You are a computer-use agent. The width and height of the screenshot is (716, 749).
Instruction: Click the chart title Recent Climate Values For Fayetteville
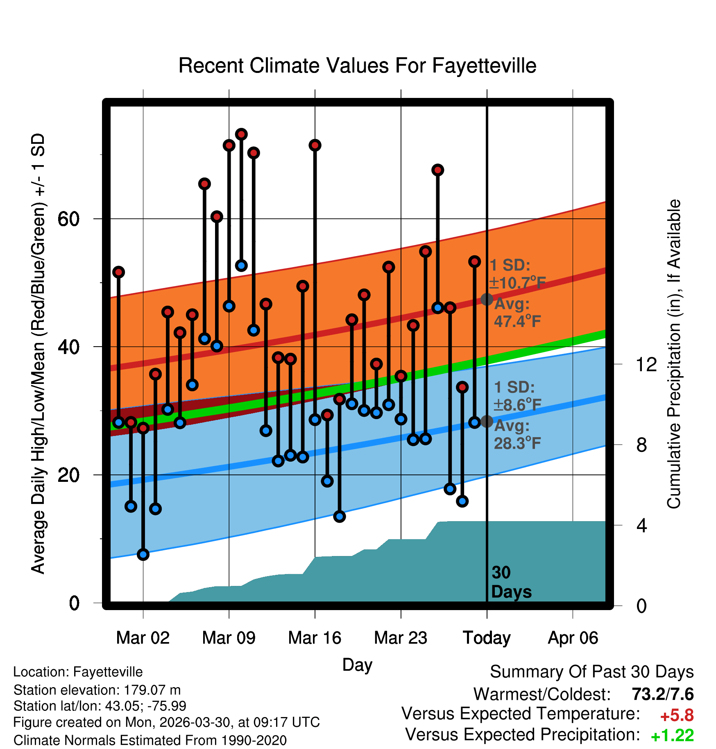pos(357,66)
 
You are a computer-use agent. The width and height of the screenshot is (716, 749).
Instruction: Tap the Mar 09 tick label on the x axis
pos(229,638)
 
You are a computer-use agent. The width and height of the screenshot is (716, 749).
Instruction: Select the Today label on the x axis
pos(487,638)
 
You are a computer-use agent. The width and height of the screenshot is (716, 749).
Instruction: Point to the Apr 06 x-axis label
pos(573,638)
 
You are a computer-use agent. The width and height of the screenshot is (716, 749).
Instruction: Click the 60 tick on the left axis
pos(68,219)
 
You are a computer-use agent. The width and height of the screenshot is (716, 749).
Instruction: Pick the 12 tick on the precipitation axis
pos(646,364)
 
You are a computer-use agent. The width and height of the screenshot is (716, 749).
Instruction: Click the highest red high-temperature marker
pos(241,134)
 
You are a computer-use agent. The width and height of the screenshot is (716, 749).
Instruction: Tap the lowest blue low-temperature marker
pos(143,554)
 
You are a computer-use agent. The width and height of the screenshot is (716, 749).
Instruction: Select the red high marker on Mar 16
pos(315,145)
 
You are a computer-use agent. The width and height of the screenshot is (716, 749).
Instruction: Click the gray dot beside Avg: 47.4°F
pos(487,300)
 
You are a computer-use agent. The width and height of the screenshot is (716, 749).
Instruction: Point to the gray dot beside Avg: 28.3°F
pos(487,421)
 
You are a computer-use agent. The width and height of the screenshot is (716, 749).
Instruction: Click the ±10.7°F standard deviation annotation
pos(517,283)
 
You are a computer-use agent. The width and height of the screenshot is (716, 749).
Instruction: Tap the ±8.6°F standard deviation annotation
pos(517,405)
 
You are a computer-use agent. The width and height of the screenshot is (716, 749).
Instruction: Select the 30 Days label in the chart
pos(511,582)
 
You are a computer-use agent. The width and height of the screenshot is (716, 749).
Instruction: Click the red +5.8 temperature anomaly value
pos(677,715)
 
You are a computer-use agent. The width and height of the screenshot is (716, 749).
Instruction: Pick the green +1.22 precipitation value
pos(672,735)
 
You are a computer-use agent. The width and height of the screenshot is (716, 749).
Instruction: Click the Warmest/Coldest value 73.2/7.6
pos(662,694)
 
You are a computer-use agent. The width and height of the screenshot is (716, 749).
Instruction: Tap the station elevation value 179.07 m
pos(152,690)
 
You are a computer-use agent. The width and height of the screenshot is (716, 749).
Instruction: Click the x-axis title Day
pos(357,665)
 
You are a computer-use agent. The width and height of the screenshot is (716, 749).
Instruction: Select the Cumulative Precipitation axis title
pos(674,354)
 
